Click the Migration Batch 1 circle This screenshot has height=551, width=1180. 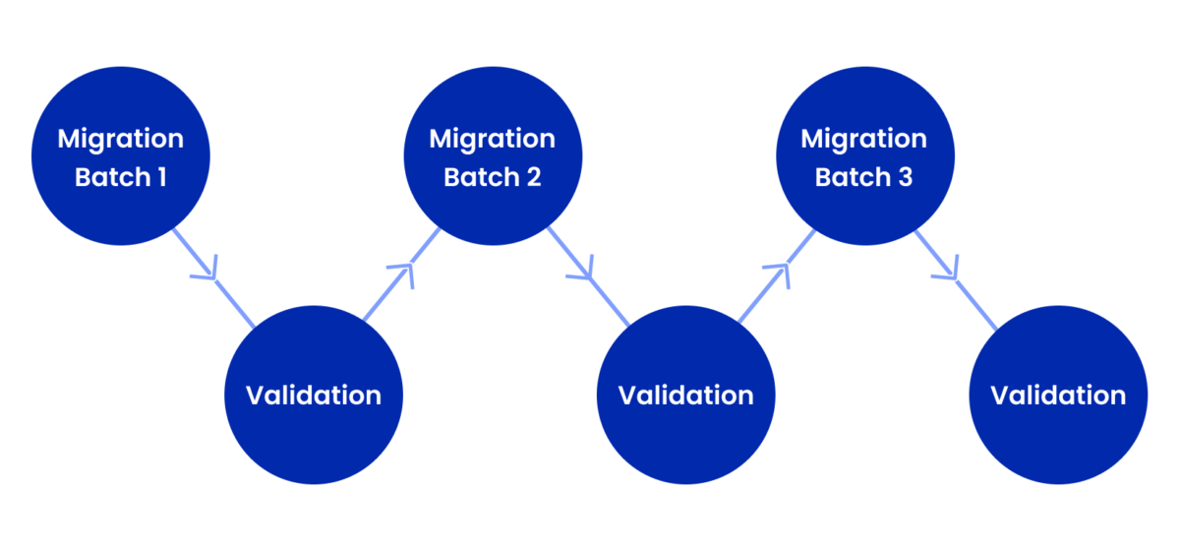click(x=120, y=157)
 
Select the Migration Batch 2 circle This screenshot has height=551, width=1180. click(x=493, y=157)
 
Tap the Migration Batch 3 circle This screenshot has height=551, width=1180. click(x=864, y=157)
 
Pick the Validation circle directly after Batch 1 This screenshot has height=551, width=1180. click(x=313, y=395)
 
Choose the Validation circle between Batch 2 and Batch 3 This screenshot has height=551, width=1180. click(x=685, y=395)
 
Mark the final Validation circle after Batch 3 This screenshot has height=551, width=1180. click(x=1058, y=395)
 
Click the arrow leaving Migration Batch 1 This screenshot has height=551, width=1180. click(x=212, y=277)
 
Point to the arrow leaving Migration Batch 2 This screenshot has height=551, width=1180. click(x=586, y=277)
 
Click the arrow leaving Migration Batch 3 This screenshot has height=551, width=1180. click(x=954, y=277)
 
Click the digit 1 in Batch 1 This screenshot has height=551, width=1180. click(x=175, y=178)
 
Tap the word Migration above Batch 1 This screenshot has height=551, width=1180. click(x=120, y=139)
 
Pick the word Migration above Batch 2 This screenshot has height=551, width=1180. click(x=493, y=139)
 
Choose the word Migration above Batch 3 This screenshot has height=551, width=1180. click(x=864, y=139)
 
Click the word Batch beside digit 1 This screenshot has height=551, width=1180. click(x=111, y=178)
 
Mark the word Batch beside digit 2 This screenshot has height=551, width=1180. click(x=480, y=178)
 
